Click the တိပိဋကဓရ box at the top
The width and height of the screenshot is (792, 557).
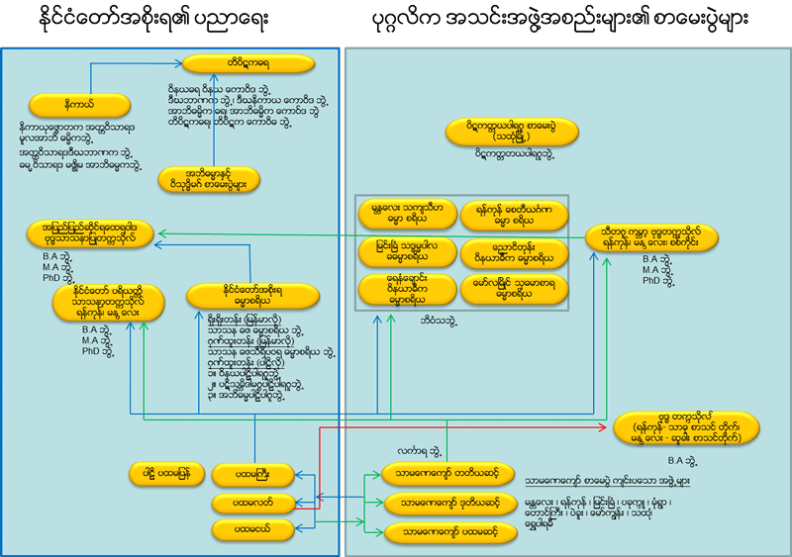point(254,61)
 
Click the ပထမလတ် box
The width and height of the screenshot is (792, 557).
point(254,504)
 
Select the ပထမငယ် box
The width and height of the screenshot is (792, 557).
point(254,531)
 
